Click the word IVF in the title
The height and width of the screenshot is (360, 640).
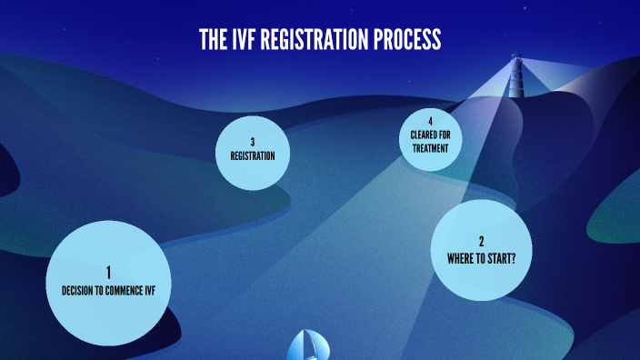[243, 39]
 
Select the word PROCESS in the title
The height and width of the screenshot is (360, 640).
[407, 39]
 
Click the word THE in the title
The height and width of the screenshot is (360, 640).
[213, 39]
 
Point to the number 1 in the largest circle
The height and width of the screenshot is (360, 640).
[108, 273]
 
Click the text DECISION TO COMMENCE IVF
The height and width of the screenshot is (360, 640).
[108, 291]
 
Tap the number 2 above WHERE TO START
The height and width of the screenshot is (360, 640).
[481, 242]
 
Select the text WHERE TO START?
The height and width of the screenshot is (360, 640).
[481, 258]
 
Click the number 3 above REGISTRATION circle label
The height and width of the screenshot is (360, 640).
[252, 142]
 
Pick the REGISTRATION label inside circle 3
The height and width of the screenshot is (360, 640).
[252, 155]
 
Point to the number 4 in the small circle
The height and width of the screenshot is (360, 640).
[430, 122]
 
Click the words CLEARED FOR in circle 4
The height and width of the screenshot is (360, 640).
[430, 135]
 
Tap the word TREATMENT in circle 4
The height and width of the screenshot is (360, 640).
[430, 147]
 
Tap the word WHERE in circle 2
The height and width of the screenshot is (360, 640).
[460, 258]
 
